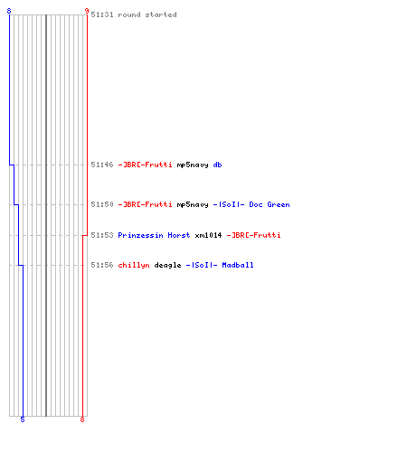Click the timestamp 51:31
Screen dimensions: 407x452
point(102,14)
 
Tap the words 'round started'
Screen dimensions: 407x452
point(147,14)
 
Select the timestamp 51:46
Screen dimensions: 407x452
point(102,165)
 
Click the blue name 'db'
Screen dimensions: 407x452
point(217,165)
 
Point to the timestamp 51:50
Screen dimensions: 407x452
point(102,204)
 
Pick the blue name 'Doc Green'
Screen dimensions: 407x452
point(270,204)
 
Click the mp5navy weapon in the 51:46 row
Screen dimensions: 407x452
point(193,165)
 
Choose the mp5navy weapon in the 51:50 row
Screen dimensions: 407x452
point(193,204)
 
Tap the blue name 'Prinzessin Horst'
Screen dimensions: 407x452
point(154,235)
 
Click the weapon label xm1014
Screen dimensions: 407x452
point(208,235)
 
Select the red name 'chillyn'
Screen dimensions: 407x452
point(134,265)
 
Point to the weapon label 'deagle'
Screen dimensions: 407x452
point(167,265)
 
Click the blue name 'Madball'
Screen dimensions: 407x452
point(238,265)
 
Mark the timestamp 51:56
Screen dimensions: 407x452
point(102,265)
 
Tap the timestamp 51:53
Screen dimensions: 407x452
point(102,235)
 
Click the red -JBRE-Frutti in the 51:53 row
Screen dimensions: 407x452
point(253,235)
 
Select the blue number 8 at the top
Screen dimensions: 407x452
point(9,11)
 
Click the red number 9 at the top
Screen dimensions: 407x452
point(87,11)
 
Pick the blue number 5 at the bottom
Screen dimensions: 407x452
point(23,419)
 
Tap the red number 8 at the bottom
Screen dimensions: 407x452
point(82,419)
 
